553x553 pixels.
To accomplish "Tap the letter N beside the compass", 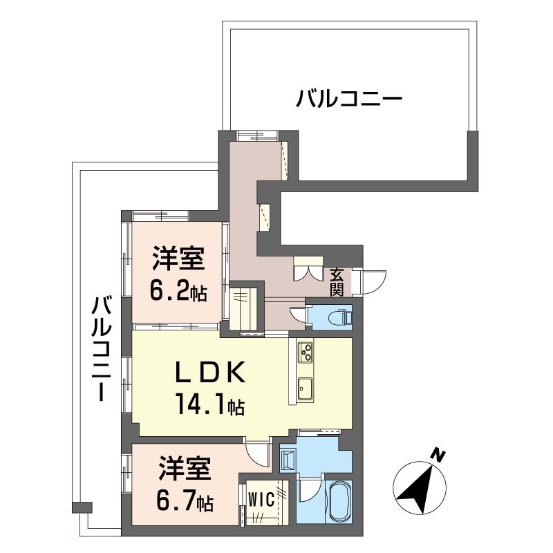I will (437, 456).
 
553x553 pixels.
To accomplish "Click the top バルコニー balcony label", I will (349, 99).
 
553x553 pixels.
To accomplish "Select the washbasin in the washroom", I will (288, 459).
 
